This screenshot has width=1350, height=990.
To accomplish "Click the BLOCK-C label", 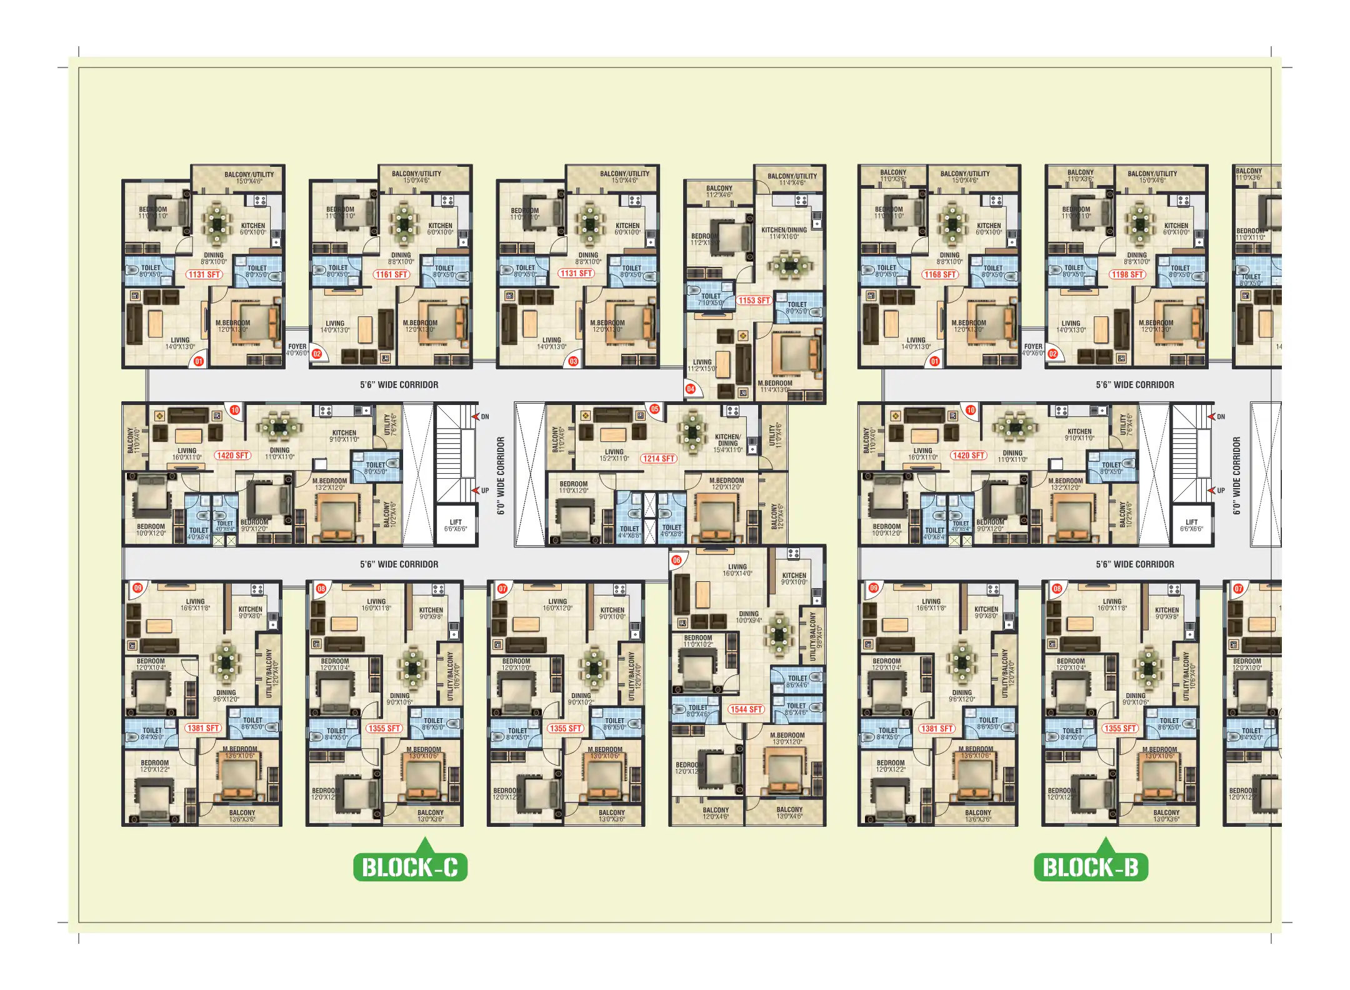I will point(410,867).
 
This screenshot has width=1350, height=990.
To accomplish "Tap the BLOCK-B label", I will point(1091,867).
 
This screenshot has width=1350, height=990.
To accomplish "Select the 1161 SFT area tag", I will point(392,274).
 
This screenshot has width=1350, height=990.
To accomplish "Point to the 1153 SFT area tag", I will point(754,301).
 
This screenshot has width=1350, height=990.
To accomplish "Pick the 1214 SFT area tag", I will point(659,459).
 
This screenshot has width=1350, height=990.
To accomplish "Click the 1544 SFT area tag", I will point(746,709).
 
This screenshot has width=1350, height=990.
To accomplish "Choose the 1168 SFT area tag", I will point(941,274).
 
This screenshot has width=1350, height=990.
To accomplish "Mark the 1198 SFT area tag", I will point(1127,274).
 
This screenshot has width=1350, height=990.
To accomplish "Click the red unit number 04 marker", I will point(691,389).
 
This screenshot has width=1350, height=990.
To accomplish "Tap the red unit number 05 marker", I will point(654,409).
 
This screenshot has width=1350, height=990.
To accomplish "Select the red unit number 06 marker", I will point(676,561).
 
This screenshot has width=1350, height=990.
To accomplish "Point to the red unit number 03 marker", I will point(573,361).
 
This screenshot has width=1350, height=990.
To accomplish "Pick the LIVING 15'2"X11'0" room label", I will point(614,455).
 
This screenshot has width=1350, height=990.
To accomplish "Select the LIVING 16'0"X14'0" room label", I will point(737,570).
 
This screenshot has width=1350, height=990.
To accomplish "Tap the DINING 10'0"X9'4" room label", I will point(749,617).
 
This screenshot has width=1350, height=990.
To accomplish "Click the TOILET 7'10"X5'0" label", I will point(711,299).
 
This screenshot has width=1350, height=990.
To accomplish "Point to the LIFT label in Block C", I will point(456,525).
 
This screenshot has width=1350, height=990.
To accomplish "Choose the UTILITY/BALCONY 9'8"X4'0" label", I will point(815,636).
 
